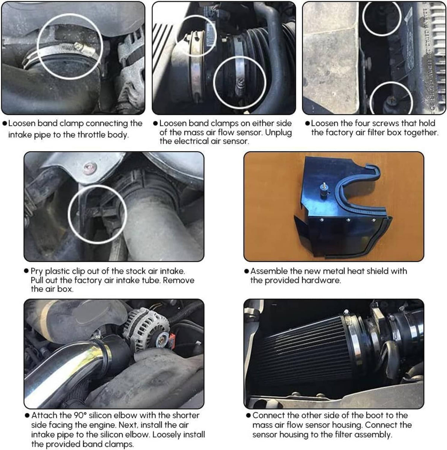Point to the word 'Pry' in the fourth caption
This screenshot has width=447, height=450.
[37, 271]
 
